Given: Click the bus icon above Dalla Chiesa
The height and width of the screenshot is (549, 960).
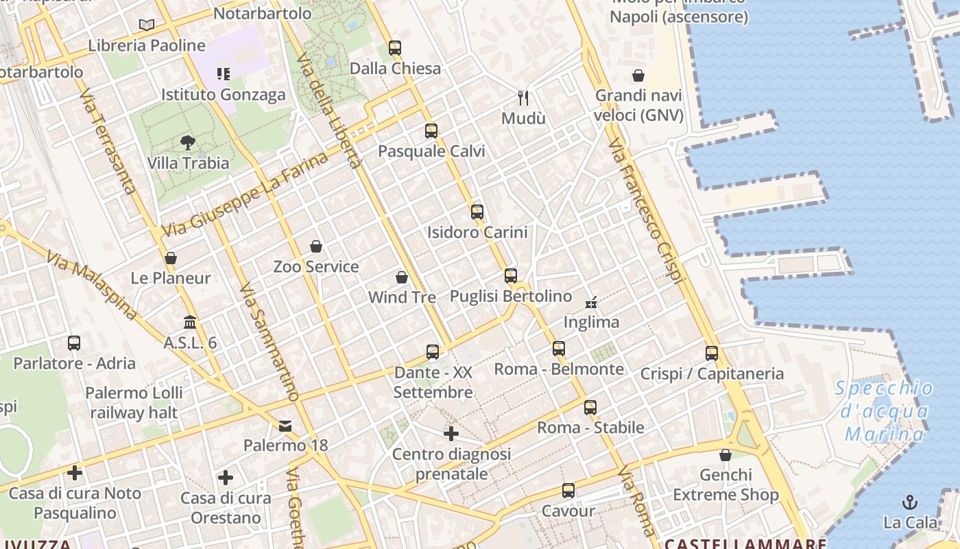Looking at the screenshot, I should (x=395, y=48).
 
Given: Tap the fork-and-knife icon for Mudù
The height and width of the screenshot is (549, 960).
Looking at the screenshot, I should (x=523, y=98).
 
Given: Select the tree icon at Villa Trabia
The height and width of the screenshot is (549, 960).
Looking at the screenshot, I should (x=188, y=143).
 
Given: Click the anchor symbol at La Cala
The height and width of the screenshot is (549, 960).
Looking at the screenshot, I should (x=910, y=502).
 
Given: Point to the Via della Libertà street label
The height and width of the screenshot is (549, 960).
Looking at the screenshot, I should (x=330, y=110).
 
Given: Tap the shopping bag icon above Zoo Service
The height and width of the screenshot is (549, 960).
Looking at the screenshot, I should (x=316, y=246).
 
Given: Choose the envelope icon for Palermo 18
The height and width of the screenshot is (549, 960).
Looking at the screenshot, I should (x=285, y=426).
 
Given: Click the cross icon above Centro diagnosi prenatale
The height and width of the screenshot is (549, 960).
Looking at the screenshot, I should (x=451, y=434).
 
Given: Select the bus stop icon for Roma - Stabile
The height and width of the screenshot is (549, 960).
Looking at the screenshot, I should (x=590, y=408).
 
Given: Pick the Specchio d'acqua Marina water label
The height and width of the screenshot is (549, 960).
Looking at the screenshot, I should (x=885, y=411).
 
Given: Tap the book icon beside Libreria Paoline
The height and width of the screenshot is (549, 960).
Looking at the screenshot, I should (x=146, y=25).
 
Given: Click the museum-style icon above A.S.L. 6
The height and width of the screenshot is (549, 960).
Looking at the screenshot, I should (x=190, y=322).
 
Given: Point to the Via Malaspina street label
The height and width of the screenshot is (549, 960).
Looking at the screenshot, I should (x=92, y=284).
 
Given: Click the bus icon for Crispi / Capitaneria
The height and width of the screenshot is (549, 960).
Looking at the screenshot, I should (x=712, y=353).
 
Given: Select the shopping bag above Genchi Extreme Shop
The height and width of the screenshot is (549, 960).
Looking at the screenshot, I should (x=725, y=455).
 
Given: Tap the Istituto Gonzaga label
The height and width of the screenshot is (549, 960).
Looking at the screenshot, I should (x=224, y=95).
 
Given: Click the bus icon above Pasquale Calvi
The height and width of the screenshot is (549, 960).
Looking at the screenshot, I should (x=431, y=131).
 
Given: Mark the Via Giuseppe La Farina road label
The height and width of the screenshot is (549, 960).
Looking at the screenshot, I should (x=245, y=196).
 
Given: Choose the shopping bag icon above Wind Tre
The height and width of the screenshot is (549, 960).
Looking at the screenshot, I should (x=402, y=277).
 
